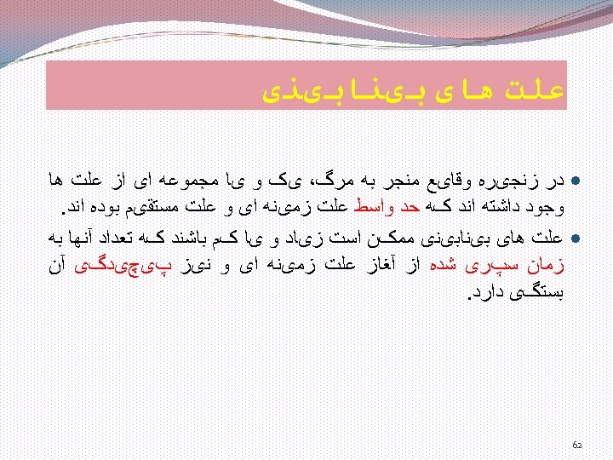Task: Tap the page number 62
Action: point(576,444)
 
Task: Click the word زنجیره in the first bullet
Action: point(525,181)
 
